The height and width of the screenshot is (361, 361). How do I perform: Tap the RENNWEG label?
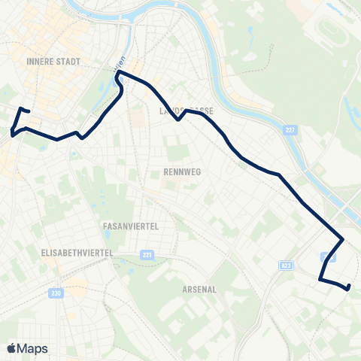pos(180,171)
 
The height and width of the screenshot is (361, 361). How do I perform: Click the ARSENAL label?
pos(199,289)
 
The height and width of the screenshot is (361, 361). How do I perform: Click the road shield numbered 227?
pos(291,130)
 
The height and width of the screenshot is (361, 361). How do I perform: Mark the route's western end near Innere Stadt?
pos(29,111)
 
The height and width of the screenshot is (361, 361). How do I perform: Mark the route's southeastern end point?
pos(349,287)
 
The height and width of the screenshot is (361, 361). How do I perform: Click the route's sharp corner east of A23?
pos(344,240)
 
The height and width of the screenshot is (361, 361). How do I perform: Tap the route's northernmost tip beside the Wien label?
pos(118,73)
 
